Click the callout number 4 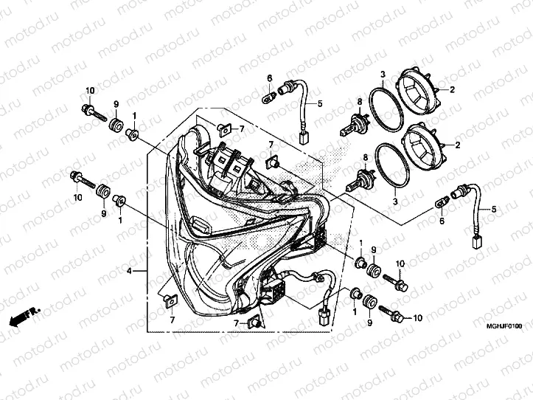coord(129,271)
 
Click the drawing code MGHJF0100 coord(504,326)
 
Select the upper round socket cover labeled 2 coord(419,88)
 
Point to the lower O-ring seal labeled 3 coord(392,166)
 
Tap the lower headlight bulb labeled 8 coord(360,180)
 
